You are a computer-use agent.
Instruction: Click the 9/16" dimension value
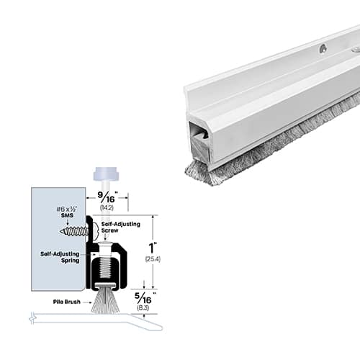point(107,197)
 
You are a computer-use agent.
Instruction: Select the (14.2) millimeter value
point(107,208)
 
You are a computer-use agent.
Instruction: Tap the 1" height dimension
point(152,248)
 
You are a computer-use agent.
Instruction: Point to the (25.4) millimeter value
point(153,259)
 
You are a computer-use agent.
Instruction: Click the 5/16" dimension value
point(144,298)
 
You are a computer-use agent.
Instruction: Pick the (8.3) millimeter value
point(143,307)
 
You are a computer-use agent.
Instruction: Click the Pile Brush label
point(67,302)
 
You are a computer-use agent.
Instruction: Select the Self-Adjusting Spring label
point(60,257)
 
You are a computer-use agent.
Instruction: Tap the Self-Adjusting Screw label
point(121,228)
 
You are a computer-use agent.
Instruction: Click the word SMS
point(67,215)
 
